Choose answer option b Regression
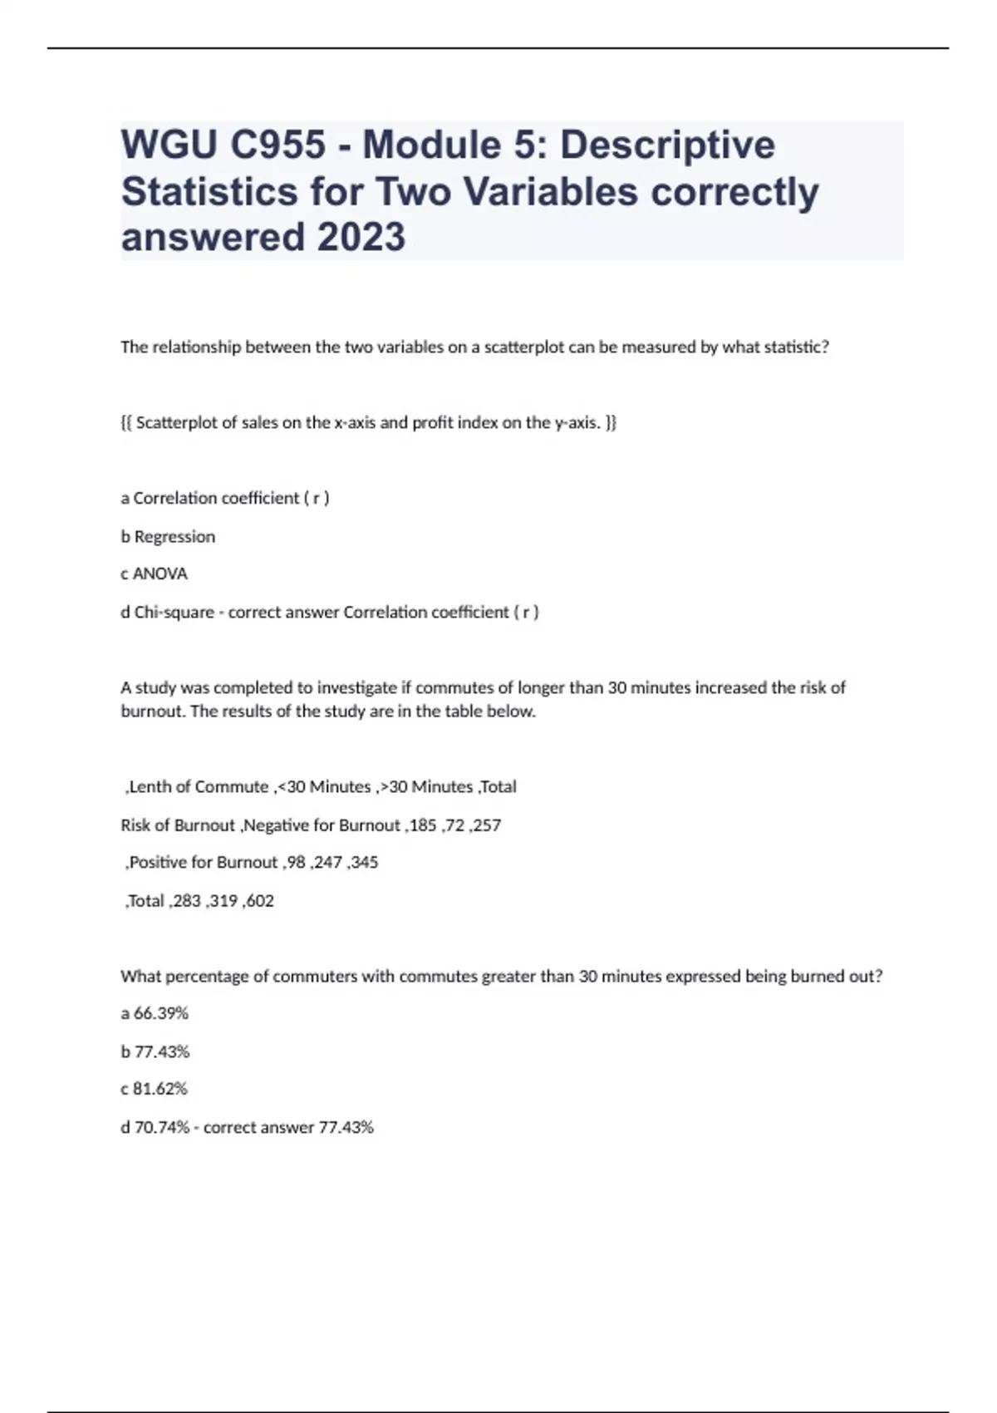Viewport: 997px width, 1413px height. point(168,537)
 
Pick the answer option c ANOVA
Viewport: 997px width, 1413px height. point(155,574)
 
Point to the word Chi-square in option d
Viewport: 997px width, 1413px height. point(174,613)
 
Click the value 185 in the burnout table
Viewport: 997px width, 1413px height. point(425,825)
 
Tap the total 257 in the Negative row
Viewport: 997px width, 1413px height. point(488,825)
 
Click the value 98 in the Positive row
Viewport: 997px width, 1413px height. point(296,862)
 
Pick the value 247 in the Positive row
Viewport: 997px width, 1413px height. point(329,862)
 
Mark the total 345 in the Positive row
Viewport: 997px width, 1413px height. point(365,862)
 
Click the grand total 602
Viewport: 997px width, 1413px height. point(260,901)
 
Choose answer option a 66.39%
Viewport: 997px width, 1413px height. point(155,1013)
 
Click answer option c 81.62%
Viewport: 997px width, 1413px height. point(155,1089)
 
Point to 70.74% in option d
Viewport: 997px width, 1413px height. point(162,1128)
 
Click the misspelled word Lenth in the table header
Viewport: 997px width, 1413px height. point(148,787)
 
